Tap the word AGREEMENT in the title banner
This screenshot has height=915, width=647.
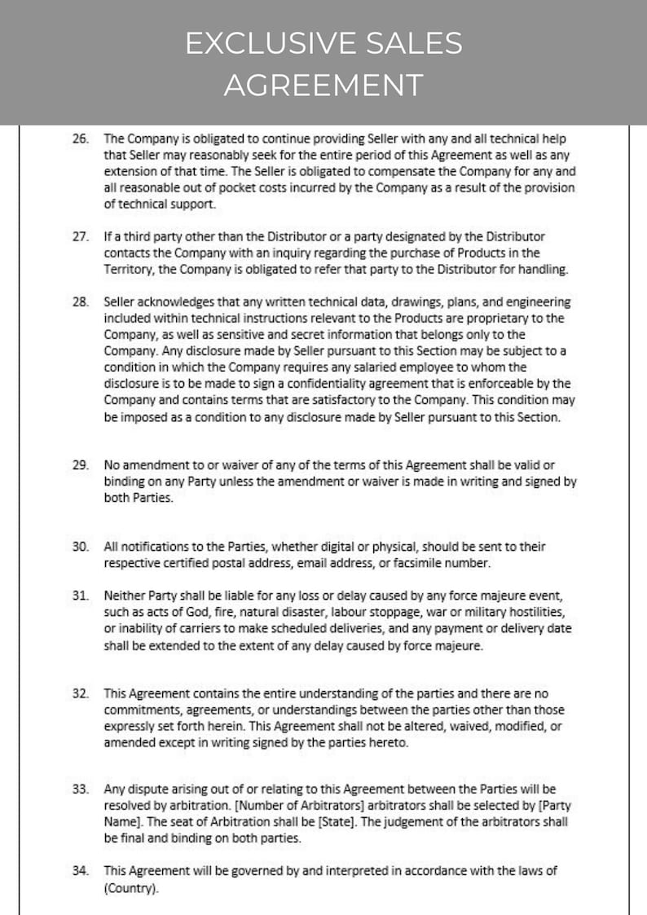pos(323,85)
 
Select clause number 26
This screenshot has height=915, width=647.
pos(81,139)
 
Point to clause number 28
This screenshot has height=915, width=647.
pos(81,302)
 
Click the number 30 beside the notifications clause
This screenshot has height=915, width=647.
pos(81,547)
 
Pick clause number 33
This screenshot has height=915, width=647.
pos(81,790)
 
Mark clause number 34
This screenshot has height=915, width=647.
pos(81,871)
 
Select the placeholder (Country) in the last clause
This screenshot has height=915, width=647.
pos(131,890)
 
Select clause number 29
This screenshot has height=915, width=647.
pos(81,465)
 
